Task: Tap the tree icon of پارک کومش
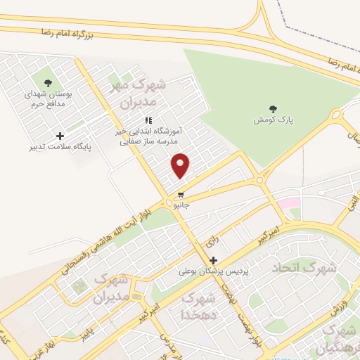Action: tap(273, 109)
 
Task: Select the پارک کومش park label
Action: tap(274, 120)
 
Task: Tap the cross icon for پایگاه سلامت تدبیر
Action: tap(60, 136)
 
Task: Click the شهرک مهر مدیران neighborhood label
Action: tap(141, 94)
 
